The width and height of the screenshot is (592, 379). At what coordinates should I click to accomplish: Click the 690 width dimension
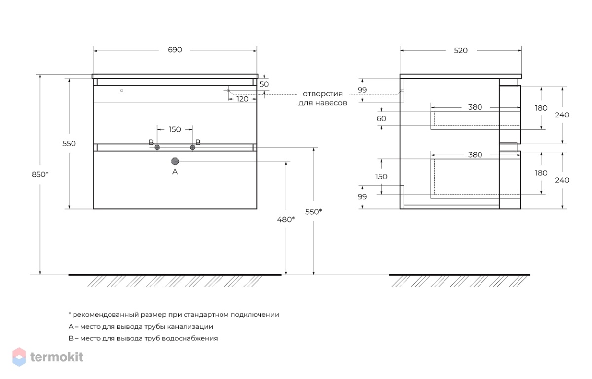pos(175,50)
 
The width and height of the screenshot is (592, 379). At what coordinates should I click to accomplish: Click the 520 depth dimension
pos(461,50)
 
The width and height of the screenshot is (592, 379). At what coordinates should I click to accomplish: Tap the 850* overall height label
pos(40,174)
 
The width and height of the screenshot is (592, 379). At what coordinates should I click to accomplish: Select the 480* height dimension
pos(286,220)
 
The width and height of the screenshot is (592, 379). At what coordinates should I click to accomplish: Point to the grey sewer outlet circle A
pos(175,161)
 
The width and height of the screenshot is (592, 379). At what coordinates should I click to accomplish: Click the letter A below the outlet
pos(175,172)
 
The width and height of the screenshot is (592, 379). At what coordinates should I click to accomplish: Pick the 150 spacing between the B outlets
pos(175,129)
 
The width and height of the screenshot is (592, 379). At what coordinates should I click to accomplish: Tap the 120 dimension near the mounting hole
pos(242,99)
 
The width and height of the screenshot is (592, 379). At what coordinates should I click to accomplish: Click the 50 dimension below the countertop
pos(264,84)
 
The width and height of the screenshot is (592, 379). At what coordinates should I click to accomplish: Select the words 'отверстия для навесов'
pos(323,98)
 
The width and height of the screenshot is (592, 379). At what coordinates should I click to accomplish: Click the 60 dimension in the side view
pos(381,118)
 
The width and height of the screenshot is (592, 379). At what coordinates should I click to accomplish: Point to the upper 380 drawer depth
pos(475,107)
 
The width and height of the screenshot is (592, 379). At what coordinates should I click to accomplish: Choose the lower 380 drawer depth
pos(475,155)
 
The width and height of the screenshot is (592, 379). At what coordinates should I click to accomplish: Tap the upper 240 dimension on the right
pos(562,115)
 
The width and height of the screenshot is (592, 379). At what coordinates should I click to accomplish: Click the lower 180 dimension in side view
pos(541,173)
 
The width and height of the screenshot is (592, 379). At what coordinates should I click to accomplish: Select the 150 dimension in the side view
pos(381,176)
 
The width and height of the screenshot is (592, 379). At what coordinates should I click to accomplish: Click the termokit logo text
pos(57,357)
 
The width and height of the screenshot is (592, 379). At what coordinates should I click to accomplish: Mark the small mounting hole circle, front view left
pos(121,90)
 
